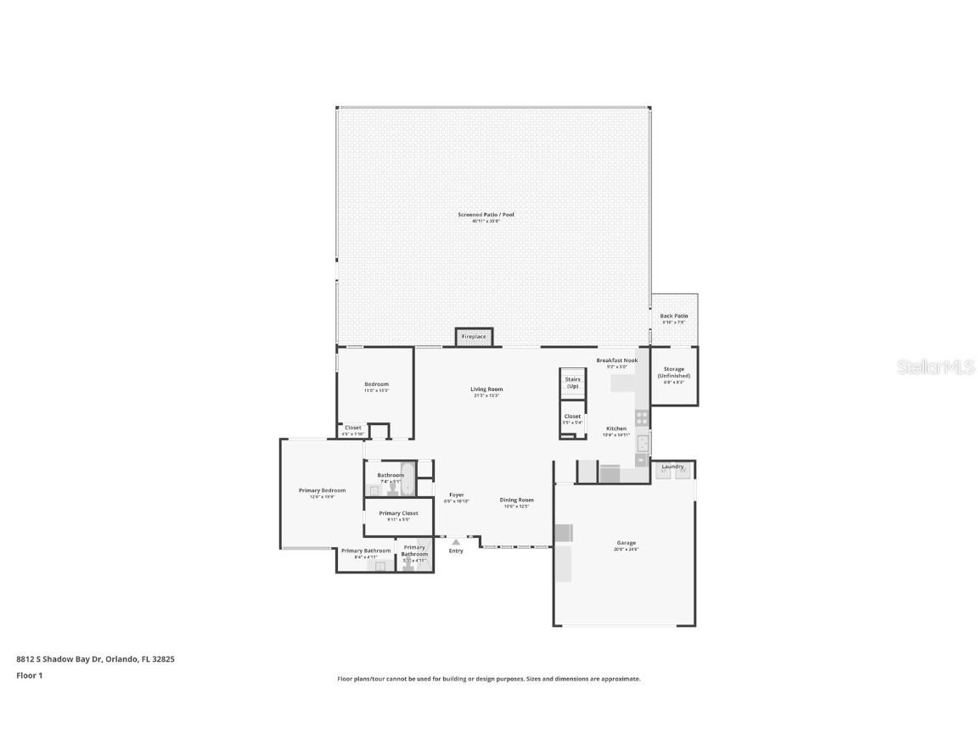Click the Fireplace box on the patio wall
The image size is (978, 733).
(474, 337)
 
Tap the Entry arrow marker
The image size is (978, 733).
(456, 541)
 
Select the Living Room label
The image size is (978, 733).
(486, 389)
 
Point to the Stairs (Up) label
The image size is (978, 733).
(572, 383)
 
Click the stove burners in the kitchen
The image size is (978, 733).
(642, 417)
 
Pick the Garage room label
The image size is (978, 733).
(627, 543)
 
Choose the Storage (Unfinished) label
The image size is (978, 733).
(674, 372)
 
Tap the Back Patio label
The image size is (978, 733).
(674, 316)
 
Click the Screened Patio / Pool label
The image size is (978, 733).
(486, 215)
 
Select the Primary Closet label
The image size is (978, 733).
(398, 513)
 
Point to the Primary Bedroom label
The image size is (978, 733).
(322, 490)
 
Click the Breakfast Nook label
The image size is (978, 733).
(616, 361)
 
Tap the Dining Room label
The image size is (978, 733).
(516, 500)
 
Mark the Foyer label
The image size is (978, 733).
(457, 495)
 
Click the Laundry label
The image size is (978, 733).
(672, 466)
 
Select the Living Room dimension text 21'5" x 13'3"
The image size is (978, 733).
(486, 396)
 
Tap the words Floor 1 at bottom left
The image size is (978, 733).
(29, 675)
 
